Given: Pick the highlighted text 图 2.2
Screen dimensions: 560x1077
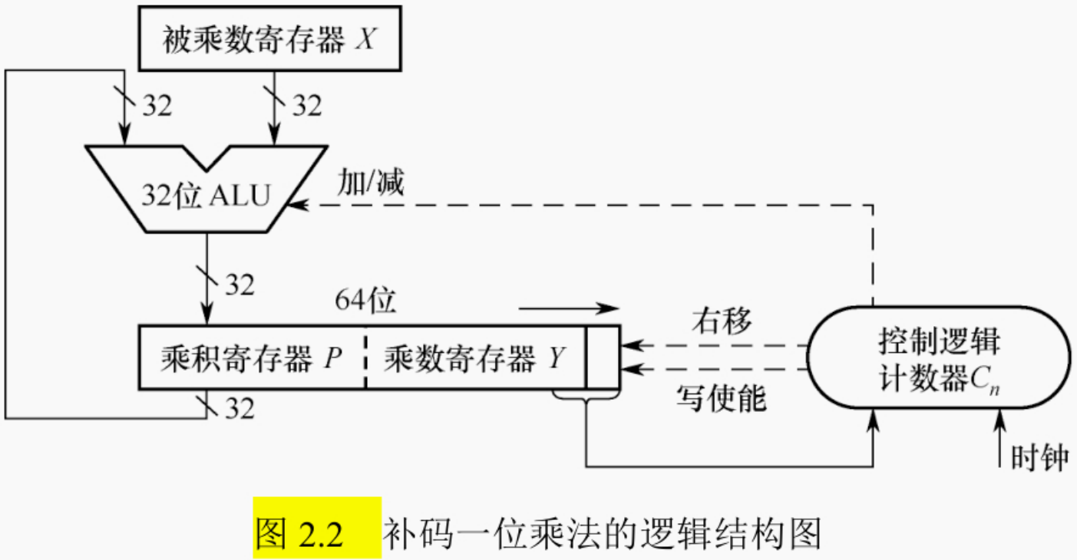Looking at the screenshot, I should coord(316,530).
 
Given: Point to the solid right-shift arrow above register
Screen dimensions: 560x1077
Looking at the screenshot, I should coord(568,308).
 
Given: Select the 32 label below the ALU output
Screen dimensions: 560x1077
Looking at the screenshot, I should coord(239,285).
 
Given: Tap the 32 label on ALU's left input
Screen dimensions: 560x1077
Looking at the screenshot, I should coord(157,106).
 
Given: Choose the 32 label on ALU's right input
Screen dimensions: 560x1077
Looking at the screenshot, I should coord(307,106).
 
